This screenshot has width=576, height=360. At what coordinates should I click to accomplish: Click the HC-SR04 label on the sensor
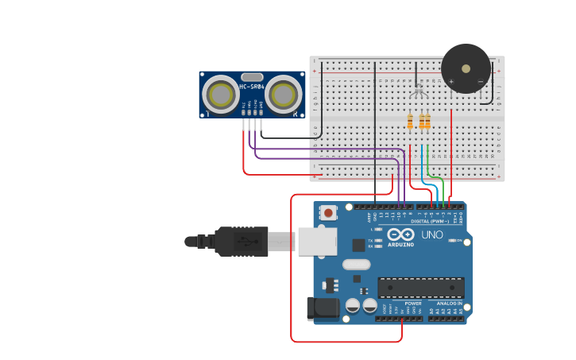pos(251,87)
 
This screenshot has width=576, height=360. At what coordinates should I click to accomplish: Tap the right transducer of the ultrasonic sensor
pos(283,95)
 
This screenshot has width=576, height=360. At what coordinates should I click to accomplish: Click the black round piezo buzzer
pos(466,68)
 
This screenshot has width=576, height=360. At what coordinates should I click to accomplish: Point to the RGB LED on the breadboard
pos(419,93)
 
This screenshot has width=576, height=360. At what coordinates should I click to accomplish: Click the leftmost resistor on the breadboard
pos(410,122)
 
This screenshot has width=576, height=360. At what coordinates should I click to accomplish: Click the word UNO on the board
pos(431,235)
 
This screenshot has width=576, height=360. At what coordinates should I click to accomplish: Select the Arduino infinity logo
pos(401,234)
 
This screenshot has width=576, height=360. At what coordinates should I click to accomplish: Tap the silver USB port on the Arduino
pos(317,240)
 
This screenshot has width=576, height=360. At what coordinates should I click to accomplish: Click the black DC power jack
pos(322,308)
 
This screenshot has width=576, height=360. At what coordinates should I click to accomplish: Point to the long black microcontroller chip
pos(420,288)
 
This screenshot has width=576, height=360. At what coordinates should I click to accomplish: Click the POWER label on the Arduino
pos(413,303)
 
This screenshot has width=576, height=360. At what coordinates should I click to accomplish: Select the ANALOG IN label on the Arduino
pos(448,303)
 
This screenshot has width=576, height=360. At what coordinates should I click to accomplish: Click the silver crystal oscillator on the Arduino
pos(356,264)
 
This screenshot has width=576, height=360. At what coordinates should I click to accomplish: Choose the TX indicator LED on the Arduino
pos(378,239)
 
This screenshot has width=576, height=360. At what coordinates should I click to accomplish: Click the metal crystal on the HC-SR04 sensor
pos(251,75)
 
